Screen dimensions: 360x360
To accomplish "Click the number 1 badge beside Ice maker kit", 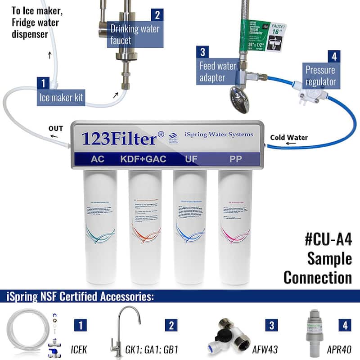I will [43, 83].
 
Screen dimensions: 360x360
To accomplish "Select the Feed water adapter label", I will [218, 72].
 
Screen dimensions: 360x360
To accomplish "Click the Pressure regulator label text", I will [320, 76].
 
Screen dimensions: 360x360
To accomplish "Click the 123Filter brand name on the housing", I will [119, 138].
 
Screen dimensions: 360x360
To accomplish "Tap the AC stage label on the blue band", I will [98, 159].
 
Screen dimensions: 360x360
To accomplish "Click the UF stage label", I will [189, 159].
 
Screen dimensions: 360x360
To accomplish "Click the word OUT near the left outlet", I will [56, 128].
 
